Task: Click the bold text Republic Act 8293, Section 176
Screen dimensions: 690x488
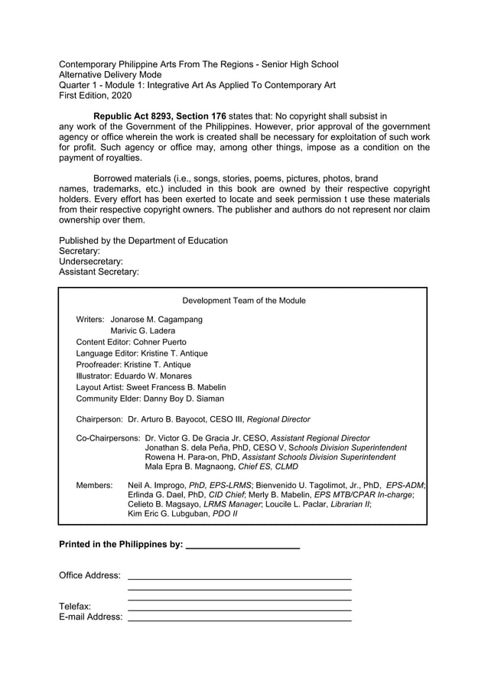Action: [x=159, y=116]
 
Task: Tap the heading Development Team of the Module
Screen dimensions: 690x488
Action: [x=243, y=301]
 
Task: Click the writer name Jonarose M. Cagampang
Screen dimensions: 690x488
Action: [x=157, y=319]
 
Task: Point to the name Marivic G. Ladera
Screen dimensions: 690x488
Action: [x=143, y=330]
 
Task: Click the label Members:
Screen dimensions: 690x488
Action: [x=94, y=485]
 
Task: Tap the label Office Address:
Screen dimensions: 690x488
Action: [x=89, y=574]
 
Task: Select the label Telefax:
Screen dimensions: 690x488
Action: [x=75, y=607]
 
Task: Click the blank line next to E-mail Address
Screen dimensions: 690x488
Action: [x=239, y=619]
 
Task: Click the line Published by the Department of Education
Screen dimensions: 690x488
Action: [x=143, y=240]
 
